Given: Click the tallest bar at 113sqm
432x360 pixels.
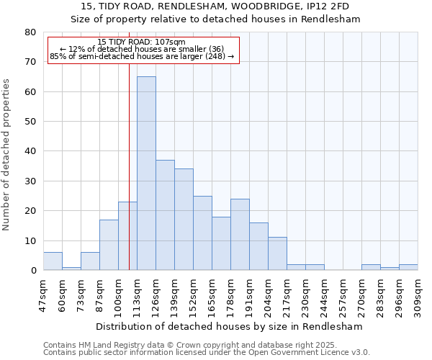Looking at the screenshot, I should [x=146, y=173].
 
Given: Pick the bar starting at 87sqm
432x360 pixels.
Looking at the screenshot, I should [x=109, y=245].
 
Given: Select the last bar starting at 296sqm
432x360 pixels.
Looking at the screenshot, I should [x=408, y=267].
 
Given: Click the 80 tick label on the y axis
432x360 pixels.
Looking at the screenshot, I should [x=30, y=32].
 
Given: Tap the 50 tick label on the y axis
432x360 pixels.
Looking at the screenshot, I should [x=30, y=122].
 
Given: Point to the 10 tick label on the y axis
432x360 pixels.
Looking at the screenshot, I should [x=30, y=241].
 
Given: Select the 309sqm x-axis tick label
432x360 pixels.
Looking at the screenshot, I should [x=418, y=294].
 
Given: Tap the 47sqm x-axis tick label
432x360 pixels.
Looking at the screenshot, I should [x=44, y=294].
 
